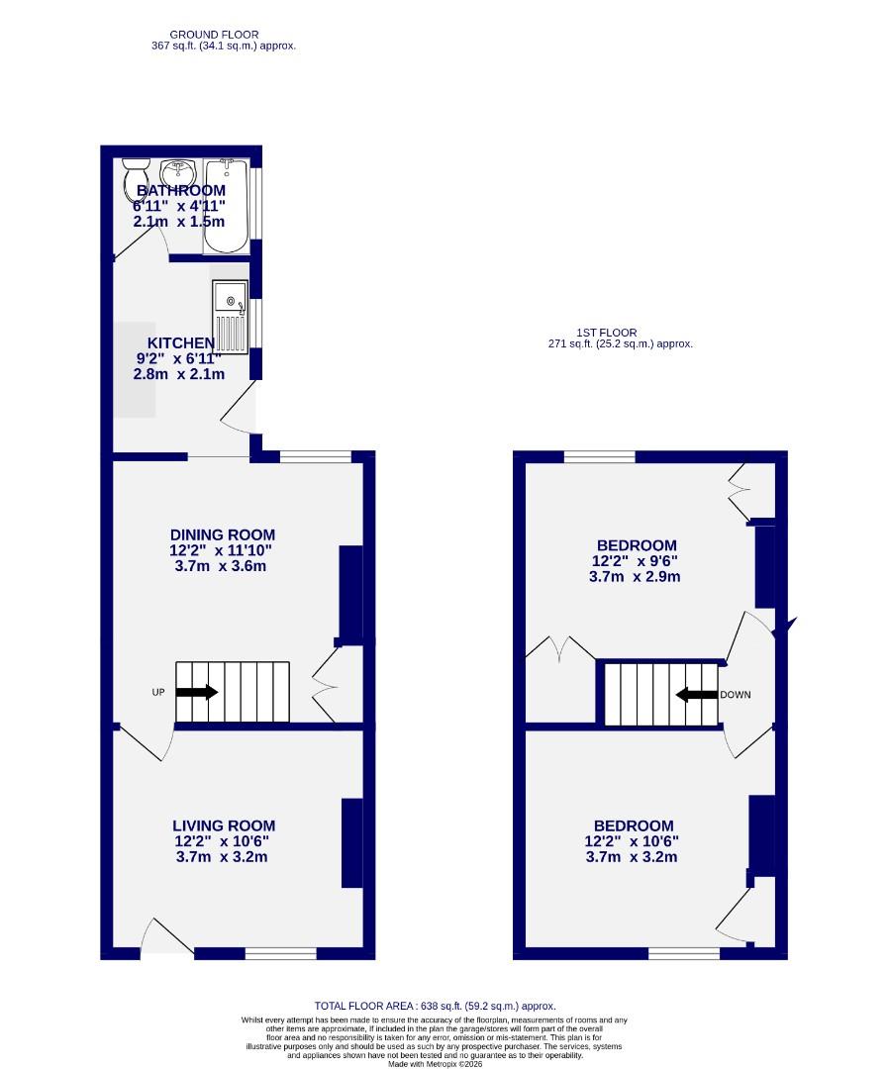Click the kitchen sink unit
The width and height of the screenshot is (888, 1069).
point(230,316)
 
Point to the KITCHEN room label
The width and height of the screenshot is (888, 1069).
point(175,343)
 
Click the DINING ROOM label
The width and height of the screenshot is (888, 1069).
point(222,535)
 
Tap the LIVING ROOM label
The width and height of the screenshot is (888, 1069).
point(224,826)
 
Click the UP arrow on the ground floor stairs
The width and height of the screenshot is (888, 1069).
point(197,693)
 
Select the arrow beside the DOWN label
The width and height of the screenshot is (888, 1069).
point(696,695)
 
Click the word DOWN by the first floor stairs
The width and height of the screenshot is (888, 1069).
point(735,695)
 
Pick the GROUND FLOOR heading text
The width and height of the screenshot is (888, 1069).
point(214,35)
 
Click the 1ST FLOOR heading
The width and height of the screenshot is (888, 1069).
point(606,333)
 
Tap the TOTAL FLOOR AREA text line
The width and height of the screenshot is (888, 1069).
point(442,1006)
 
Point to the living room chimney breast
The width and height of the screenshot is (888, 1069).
point(351,842)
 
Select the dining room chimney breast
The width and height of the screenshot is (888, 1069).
point(349,593)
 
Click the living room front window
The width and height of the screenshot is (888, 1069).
point(280,953)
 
